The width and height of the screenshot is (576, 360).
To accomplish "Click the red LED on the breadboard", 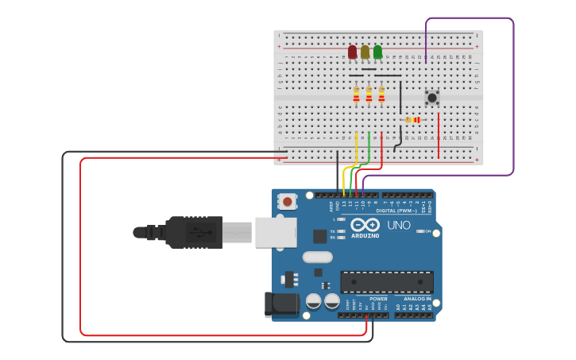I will pyautogui.click(x=352, y=52).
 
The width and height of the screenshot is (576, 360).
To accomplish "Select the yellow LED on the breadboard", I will pyautogui.click(x=365, y=52).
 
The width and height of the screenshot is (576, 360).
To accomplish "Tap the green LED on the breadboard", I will pyautogui.click(x=377, y=52).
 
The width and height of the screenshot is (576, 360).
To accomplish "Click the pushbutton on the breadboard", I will pyautogui.click(x=431, y=98).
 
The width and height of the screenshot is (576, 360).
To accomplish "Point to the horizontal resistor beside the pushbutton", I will pyautogui.click(x=412, y=120).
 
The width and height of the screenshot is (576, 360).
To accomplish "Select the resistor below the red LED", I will pyautogui.click(x=356, y=95).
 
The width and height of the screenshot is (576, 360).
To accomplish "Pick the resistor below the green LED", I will pyautogui.click(x=381, y=95).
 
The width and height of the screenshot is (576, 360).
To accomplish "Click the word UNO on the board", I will pyautogui.click(x=398, y=225).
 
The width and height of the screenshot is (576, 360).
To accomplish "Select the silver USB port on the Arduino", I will pyautogui.click(x=275, y=232).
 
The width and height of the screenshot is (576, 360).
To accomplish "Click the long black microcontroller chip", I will pyautogui.click(x=387, y=282).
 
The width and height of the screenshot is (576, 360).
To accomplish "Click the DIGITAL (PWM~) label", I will pyautogui.click(x=396, y=211).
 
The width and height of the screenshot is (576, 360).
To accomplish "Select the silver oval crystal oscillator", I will pyautogui.click(x=317, y=257).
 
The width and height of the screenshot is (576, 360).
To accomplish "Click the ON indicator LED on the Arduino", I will pyautogui.click(x=419, y=231).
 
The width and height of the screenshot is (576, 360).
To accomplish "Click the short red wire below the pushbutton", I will pyautogui.click(x=438, y=135).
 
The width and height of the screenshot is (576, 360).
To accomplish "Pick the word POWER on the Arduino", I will pyautogui.click(x=378, y=299).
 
